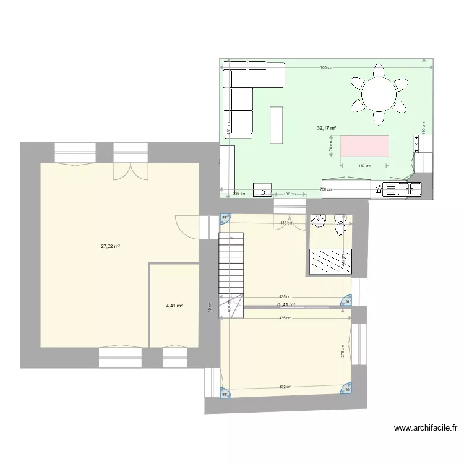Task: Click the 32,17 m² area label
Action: click(326, 129)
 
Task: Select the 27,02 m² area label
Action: click(110, 246)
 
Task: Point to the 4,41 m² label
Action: click(174, 305)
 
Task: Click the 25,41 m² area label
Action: click(285, 304)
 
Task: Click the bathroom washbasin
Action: click(319, 221)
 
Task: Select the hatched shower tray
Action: click(330, 261)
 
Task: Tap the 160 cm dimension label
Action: click(364, 166)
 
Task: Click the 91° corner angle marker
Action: click(347, 301)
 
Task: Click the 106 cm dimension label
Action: click(289, 194)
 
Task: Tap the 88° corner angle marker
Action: click(225, 393)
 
